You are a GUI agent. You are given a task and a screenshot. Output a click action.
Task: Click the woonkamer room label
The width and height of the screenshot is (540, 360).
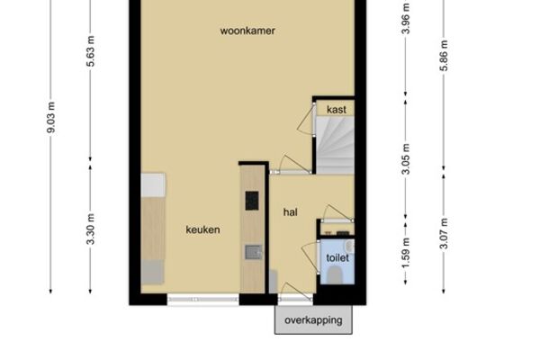(247, 31)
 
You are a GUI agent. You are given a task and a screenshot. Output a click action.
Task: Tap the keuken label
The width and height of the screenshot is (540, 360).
(202, 229)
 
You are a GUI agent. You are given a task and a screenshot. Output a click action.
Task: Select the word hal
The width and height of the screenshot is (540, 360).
(291, 212)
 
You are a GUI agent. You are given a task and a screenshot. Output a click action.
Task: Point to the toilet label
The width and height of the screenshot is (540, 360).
(337, 257)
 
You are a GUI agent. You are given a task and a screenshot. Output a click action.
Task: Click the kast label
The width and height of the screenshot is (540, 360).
(337, 110)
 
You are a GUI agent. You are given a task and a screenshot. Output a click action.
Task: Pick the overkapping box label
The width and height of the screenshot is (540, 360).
(313, 320)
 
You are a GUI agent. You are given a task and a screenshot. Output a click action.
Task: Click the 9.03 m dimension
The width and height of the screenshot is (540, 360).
(51, 118)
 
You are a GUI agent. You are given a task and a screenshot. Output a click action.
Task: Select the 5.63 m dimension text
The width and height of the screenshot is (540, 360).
(91, 50)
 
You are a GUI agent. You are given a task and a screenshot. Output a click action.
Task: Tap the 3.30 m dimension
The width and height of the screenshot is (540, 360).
(91, 229)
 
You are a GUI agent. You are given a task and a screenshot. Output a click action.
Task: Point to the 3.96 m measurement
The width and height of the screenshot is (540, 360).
(406, 18)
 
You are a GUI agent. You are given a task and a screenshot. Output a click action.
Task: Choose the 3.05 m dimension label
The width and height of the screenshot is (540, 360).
(406, 159)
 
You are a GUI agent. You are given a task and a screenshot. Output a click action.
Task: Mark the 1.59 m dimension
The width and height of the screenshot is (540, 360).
(406, 254)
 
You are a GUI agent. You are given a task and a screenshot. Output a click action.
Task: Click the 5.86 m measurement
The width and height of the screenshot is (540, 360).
(444, 56)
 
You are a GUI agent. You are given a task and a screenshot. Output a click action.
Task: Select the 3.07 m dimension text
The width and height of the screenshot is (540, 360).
(444, 233)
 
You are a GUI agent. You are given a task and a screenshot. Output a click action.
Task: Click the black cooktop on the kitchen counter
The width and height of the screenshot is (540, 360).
(252, 201)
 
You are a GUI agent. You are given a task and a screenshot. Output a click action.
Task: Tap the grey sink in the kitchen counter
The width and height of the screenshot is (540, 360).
(254, 252)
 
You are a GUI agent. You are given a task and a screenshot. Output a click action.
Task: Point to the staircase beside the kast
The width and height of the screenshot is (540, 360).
(335, 146)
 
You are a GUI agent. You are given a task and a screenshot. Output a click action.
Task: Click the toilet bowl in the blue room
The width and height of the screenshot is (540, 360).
(335, 275)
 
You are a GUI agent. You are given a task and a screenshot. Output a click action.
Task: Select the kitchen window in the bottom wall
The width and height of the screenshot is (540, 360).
(203, 300)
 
